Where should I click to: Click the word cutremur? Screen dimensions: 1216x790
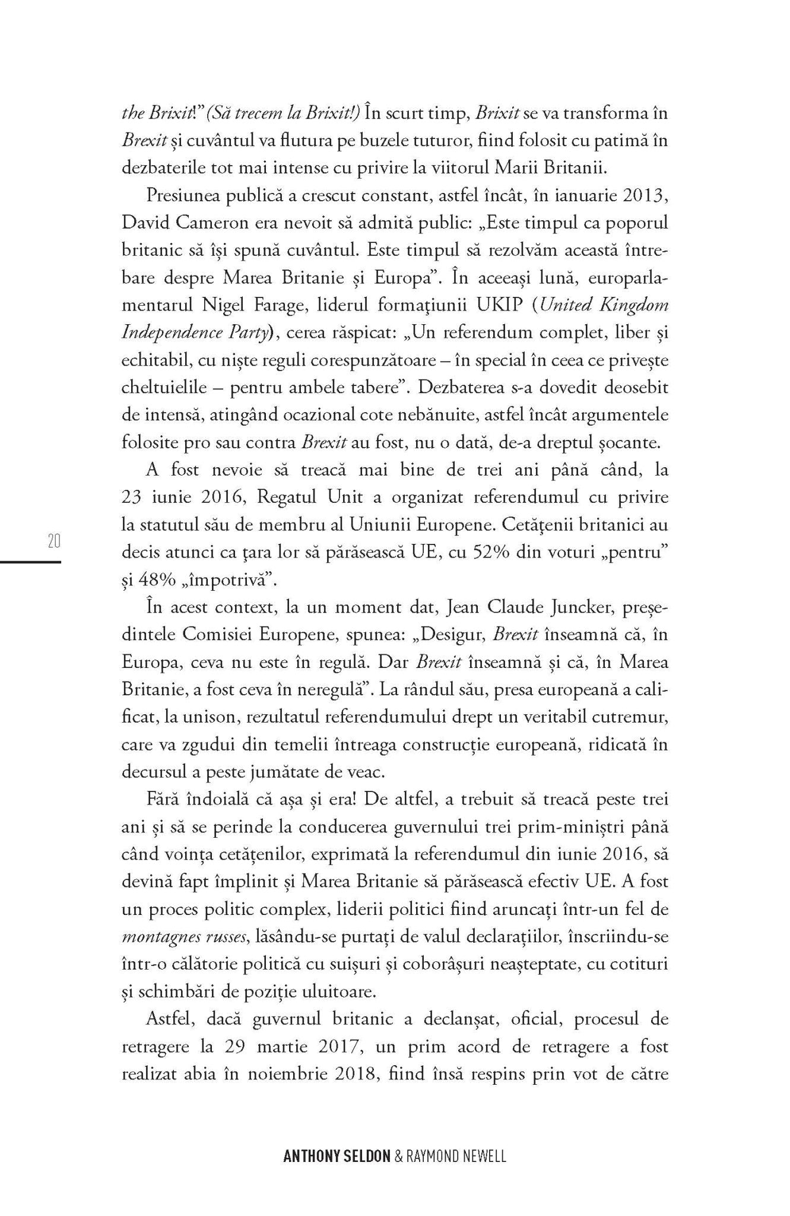pyautogui.click(x=634, y=718)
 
